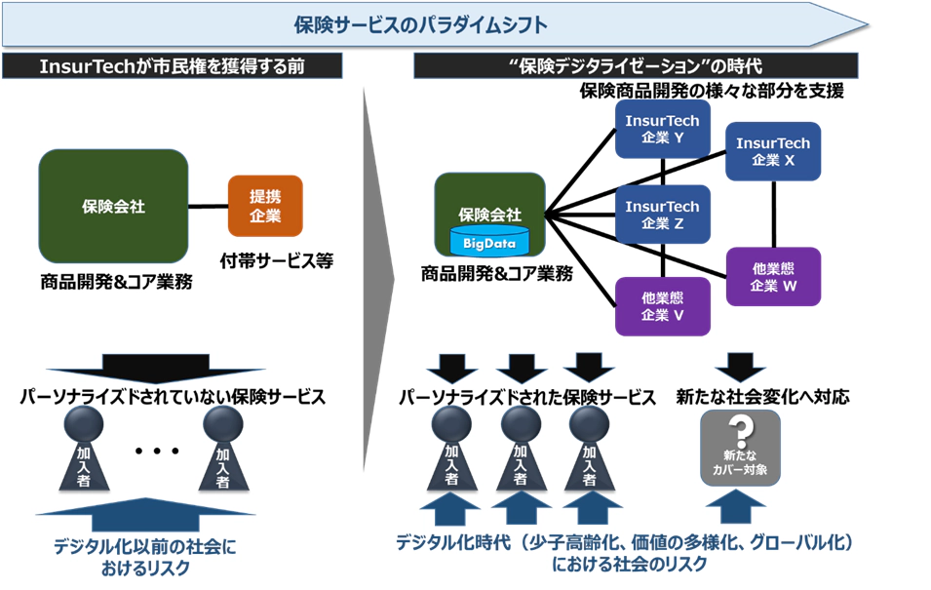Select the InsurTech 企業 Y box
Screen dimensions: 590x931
[663, 129]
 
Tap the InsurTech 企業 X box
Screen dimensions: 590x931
[773, 151]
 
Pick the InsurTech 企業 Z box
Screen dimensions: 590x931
[663, 216]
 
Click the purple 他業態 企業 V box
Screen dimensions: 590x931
[663, 305]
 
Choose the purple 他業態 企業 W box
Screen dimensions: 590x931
[773, 277]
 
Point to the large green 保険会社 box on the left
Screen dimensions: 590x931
[113, 206]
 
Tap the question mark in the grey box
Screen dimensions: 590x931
[741, 432]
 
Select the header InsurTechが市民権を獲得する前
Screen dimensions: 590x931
[174, 66]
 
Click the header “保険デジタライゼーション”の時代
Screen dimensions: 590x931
[635, 66]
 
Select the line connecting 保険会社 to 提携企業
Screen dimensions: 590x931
[208, 206]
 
